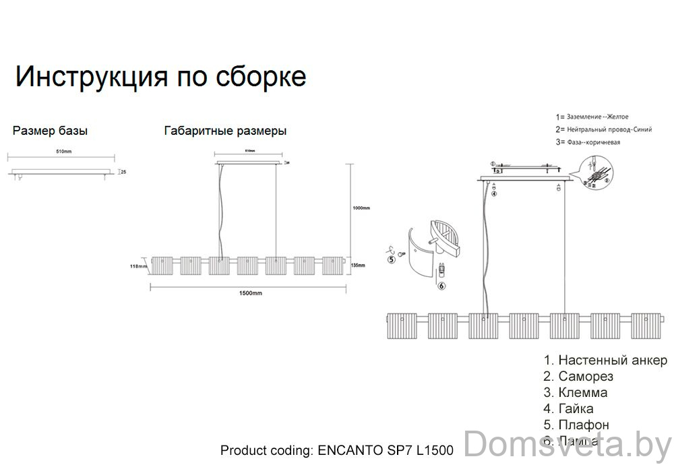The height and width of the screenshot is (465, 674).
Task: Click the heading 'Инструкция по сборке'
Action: coord(160,77)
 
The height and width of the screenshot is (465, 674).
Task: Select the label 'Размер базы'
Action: coord(50,131)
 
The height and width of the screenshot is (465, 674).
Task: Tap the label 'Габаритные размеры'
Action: coord(225,131)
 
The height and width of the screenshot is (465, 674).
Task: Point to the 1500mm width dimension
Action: coord(250,293)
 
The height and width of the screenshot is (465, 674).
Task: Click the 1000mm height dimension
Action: coord(361,208)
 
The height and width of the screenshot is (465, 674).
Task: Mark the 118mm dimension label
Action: coord(138,266)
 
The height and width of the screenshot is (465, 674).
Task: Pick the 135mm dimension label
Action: coord(358,266)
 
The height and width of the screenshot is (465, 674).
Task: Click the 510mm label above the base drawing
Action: coord(63,152)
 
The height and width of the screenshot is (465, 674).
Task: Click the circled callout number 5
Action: coord(390,258)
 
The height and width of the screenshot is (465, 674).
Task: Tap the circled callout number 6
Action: coord(441,286)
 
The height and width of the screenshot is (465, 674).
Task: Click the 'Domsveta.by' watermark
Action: coord(568,445)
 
